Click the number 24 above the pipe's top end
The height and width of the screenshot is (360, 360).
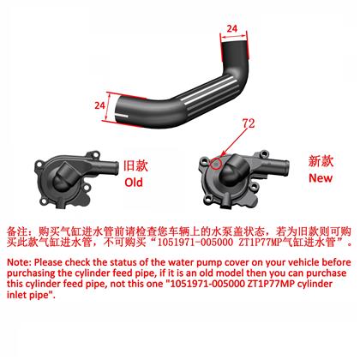click(x=232, y=28)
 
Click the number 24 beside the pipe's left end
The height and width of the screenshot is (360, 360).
click(x=99, y=105)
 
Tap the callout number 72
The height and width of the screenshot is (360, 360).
click(x=249, y=123)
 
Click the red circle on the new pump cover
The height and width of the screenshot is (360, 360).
click(x=216, y=163)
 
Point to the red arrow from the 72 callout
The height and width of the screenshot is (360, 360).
click(x=234, y=143)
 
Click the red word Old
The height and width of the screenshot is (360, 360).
click(x=134, y=183)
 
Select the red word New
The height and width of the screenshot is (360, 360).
click(x=321, y=178)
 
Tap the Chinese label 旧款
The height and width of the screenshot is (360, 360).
click(x=135, y=166)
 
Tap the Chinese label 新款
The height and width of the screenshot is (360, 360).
click(x=321, y=161)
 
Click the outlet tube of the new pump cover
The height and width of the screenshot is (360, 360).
click(x=276, y=165)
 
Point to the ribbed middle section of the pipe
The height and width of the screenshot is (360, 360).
click(x=207, y=94)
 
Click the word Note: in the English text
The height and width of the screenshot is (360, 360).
click(x=19, y=262)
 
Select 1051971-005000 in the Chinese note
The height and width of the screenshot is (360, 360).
click(x=195, y=243)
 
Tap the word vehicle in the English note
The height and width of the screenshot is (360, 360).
click(x=303, y=262)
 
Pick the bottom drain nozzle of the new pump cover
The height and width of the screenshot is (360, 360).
click(x=226, y=201)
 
